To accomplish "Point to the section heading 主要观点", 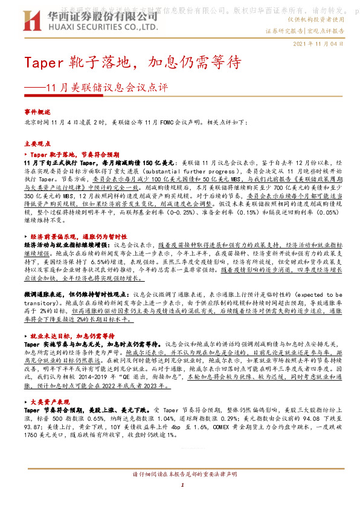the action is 38,144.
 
